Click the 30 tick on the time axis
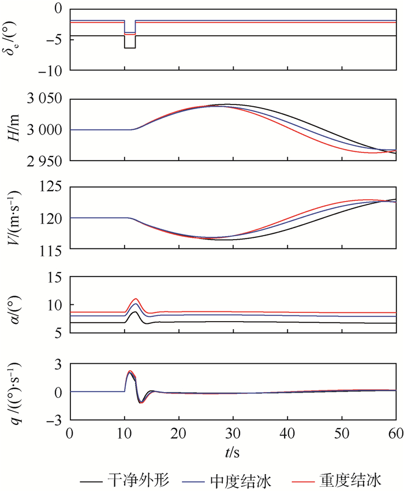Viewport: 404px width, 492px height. pyautogui.click(x=233, y=433)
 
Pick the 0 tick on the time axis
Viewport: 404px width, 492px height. pyautogui.click(x=70, y=433)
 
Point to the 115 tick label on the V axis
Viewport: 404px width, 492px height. pyautogui.click(x=51, y=248)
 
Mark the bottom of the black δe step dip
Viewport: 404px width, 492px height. pyautogui.click(x=130, y=48)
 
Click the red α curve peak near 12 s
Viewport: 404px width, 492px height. pyautogui.click(x=136, y=299)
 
